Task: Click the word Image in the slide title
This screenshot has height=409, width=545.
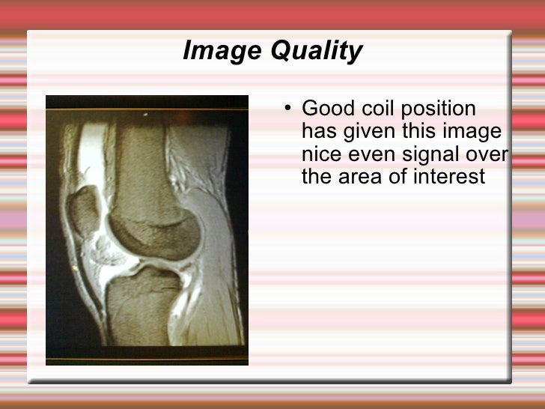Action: pyautogui.click(x=212, y=52)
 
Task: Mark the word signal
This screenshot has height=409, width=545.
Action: pyautogui.click(x=433, y=155)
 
